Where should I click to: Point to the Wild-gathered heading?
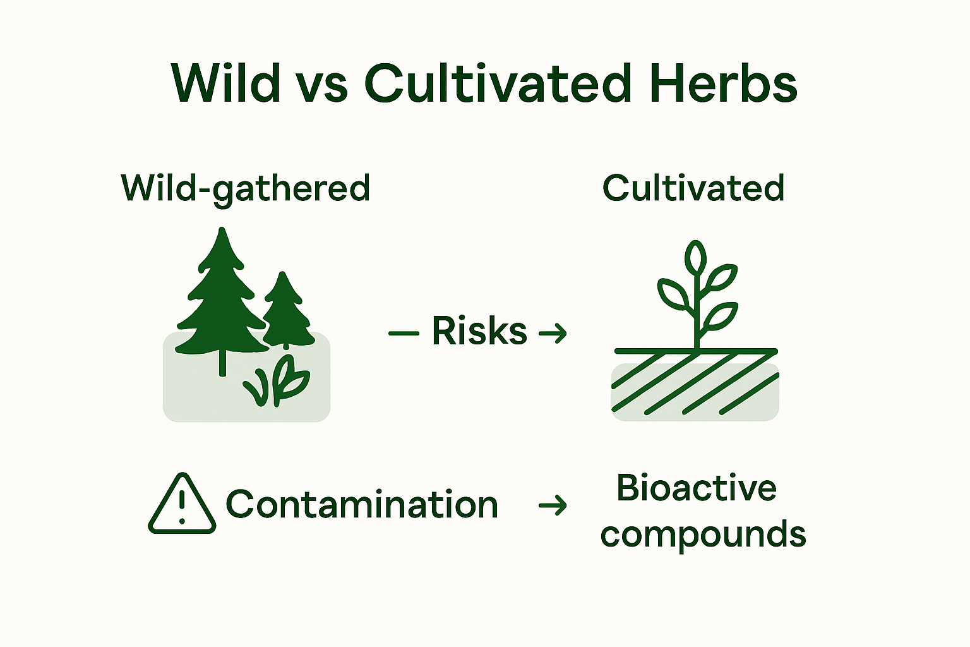pos(245,188)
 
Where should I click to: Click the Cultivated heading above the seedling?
pos(693,188)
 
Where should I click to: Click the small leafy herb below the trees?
pos(278,381)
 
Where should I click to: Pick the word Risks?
pos(479,330)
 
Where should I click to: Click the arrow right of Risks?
pos(553,332)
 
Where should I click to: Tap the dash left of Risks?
pos(404,332)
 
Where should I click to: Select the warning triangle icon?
pos(182,505)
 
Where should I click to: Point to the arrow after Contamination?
pos(553,505)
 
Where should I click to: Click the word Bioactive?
pos(697,488)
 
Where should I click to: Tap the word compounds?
pos(703,535)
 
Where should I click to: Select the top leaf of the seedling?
pos(695,257)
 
